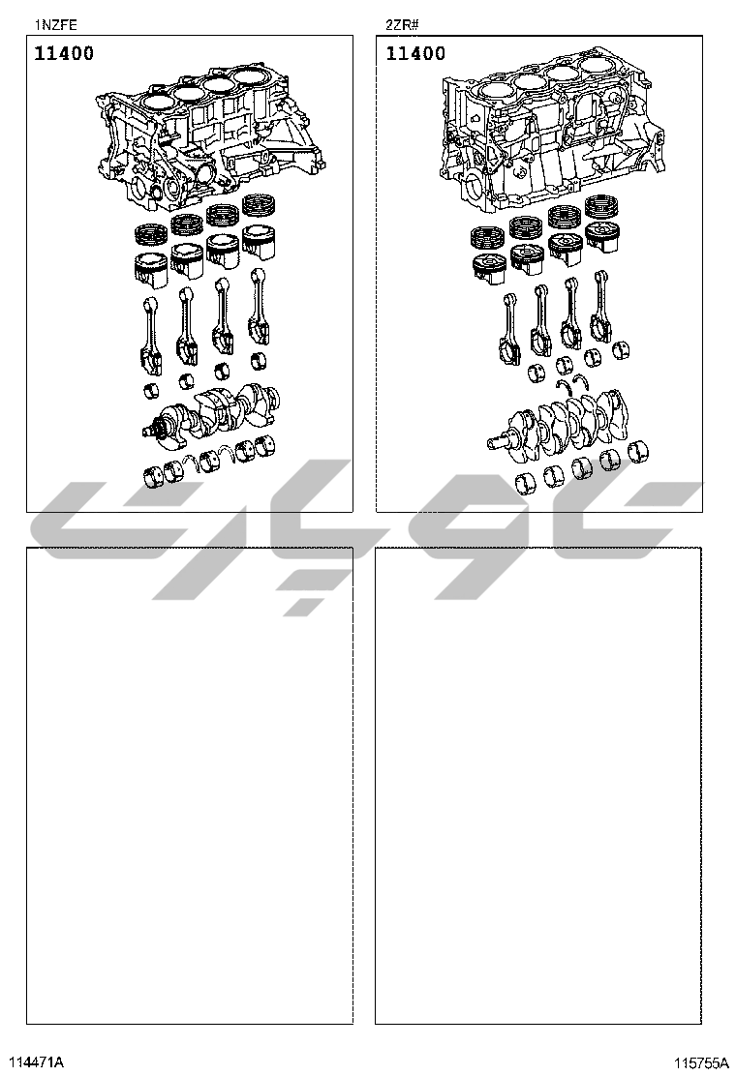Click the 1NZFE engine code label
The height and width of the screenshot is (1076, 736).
point(55,25)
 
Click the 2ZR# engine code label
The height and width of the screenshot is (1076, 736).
point(402,25)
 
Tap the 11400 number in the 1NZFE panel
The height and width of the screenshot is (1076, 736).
point(64,53)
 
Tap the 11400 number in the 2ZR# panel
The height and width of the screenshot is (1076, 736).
point(415,53)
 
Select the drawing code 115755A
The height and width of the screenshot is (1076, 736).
point(701,1063)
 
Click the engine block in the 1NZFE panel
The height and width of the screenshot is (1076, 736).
point(210,137)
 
